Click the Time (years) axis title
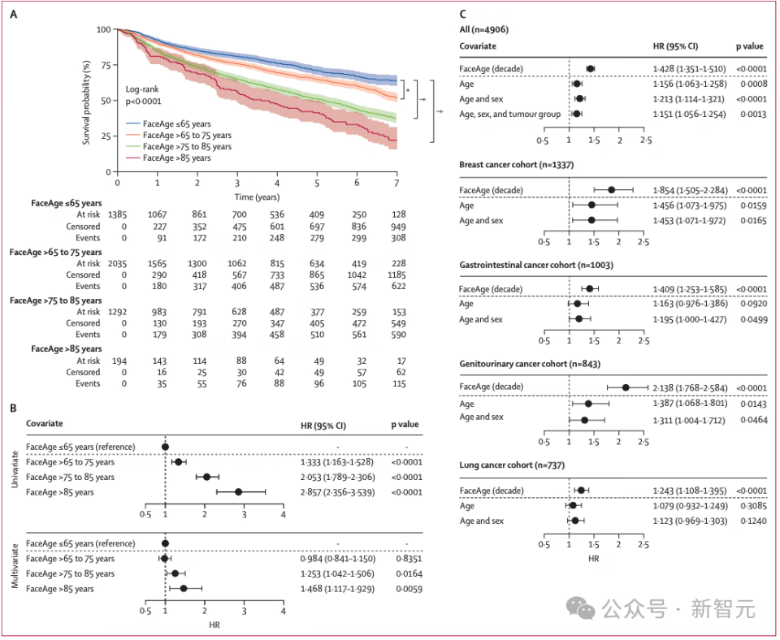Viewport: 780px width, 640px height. [257, 197]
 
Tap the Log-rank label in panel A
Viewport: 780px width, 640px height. [142, 89]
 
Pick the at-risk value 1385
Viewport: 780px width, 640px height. [117, 215]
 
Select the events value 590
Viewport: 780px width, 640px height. [398, 335]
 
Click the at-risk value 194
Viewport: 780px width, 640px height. [119, 361]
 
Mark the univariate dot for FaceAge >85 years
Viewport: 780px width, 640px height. [238, 492]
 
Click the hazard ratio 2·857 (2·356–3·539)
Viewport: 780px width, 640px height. [338, 492]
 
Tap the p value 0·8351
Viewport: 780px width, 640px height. [409, 559]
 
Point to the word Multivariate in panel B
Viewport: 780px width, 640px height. [15, 566]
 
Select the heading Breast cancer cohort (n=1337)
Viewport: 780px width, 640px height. [517, 165]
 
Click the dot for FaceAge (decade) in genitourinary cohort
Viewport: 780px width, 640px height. [626, 387]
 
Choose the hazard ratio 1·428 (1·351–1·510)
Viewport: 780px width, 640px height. [690, 68]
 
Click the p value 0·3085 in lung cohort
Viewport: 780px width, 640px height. [754, 506]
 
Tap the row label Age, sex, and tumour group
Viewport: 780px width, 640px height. [510, 115]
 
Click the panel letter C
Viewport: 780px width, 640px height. [462, 14]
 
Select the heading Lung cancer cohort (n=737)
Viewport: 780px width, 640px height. [512, 465]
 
